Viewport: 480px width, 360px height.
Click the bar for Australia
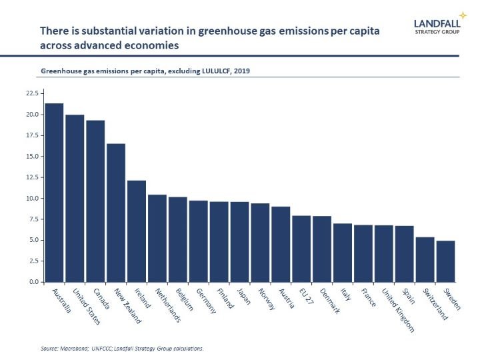(x=54, y=193)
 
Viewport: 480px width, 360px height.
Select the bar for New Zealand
(x=116, y=213)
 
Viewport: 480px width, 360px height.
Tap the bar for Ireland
(x=137, y=231)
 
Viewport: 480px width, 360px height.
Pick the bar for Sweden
(x=445, y=261)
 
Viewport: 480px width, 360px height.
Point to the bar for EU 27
(x=301, y=249)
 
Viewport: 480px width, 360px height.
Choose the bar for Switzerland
(x=425, y=259)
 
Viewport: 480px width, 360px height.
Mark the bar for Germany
(x=198, y=241)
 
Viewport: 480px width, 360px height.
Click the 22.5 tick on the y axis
(x=32, y=93)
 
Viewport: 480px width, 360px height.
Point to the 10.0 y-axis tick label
(x=32, y=199)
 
